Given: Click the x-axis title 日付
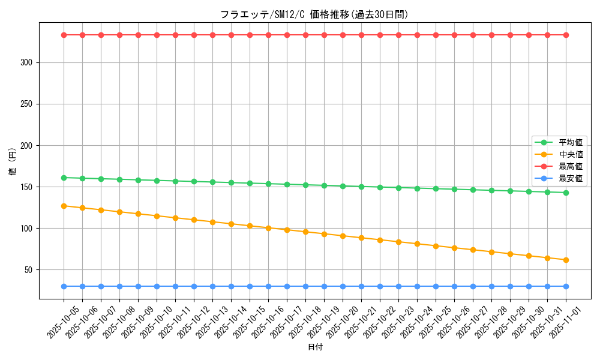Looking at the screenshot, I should click(315, 347).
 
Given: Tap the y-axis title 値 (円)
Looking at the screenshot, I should click(12, 161).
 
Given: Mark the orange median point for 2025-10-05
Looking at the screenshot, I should click(64, 206).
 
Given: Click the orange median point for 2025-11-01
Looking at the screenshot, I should click(566, 260).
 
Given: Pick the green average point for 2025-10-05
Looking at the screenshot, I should click(64, 178).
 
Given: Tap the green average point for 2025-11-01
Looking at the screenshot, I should click(566, 193).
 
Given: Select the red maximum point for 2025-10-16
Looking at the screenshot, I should click(268, 35).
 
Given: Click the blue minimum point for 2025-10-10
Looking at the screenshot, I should click(157, 286).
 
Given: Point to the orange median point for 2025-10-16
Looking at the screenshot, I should click(268, 228).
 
